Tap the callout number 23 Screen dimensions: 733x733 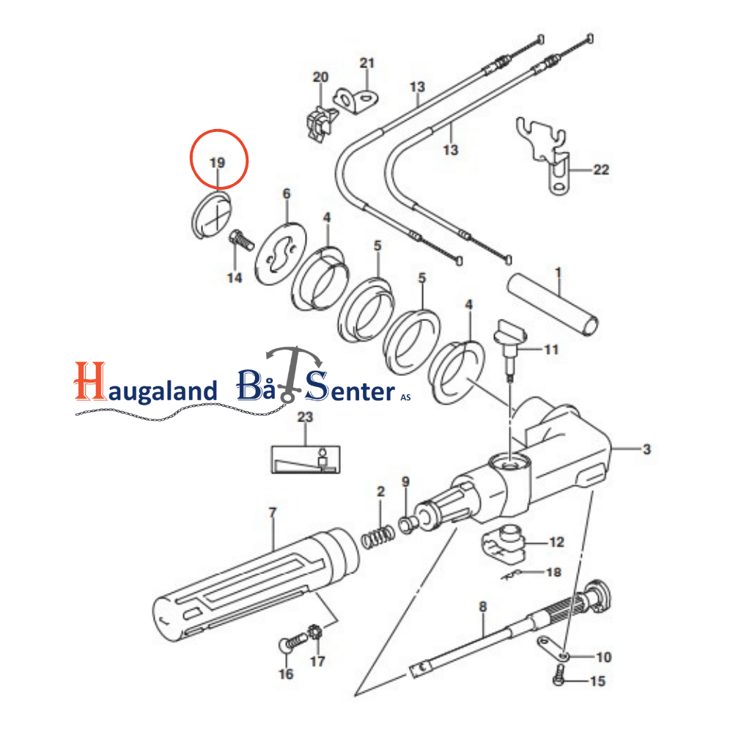click(x=305, y=416)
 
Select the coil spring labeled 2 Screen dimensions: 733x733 click(x=377, y=537)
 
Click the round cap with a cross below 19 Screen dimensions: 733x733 click(x=212, y=215)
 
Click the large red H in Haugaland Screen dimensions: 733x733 click(x=89, y=381)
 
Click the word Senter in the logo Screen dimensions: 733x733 click(x=350, y=386)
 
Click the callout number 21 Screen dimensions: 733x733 click(x=367, y=62)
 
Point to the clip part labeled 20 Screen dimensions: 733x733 click(x=321, y=123)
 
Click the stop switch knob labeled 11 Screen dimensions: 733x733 click(x=510, y=348)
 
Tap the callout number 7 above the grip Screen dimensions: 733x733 click(x=273, y=512)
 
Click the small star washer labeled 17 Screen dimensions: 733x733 click(x=315, y=633)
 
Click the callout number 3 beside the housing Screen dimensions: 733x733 click(x=647, y=449)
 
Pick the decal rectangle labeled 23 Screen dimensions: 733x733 click(x=306, y=460)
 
